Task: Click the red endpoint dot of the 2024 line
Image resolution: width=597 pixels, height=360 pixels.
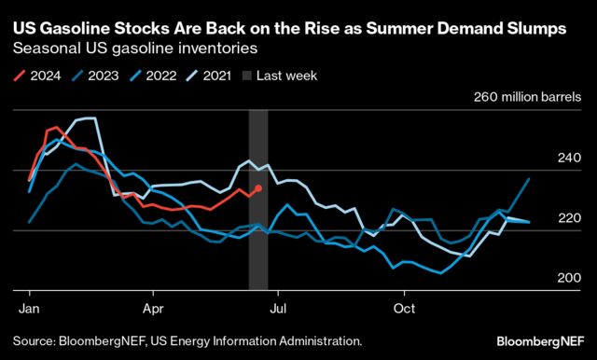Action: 258,188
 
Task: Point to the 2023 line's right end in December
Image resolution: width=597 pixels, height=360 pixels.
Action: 530,178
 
